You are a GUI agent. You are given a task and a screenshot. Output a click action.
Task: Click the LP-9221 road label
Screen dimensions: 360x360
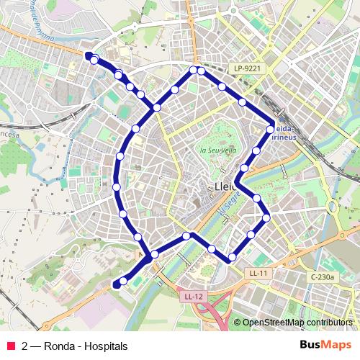(x=246, y=68)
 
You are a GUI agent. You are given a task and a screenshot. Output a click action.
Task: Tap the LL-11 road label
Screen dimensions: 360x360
(x=258, y=274)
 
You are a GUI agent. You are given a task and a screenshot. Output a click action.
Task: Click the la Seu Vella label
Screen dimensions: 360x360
(x=217, y=150)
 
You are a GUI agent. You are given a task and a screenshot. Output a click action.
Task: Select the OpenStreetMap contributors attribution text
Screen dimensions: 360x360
(x=296, y=322)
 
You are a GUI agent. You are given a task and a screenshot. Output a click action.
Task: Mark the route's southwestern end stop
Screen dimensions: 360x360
(x=116, y=285)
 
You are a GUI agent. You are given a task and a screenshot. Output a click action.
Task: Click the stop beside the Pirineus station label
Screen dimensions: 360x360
(x=270, y=130)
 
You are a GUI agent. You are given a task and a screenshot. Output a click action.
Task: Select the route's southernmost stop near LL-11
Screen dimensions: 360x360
(x=232, y=258)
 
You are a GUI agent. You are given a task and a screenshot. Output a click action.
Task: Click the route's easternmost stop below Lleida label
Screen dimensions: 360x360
(x=266, y=217)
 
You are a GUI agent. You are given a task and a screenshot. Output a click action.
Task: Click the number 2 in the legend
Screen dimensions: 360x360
(x=25, y=346)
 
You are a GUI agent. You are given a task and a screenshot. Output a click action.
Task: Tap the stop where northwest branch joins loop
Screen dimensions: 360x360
(x=156, y=107)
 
